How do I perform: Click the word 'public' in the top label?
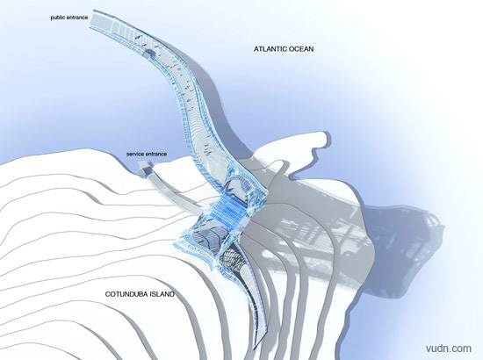coord(58,18)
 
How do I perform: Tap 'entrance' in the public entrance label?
coord(77,18)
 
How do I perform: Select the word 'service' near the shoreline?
coord(134,154)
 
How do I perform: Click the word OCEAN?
coord(301,49)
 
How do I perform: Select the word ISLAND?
coord(162,294)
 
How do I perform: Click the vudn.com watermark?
coord(449,349)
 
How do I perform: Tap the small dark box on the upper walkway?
coord(149,54)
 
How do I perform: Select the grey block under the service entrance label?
coord(144,168)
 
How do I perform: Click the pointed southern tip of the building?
coord(256,349)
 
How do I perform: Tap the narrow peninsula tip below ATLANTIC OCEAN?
coord(324,136)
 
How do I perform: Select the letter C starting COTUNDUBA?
coord(107,294)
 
